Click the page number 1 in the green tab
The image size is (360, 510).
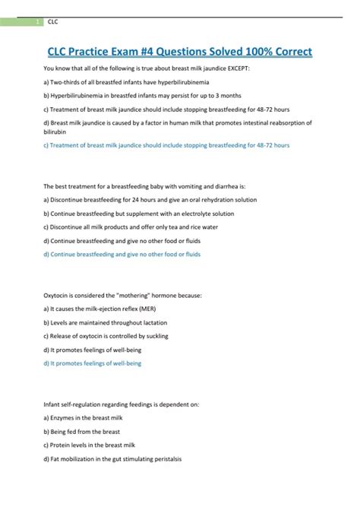(x=38, y=22)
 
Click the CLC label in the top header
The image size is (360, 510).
(x=53, y=22)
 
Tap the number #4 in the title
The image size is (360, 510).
(x=151, y=51)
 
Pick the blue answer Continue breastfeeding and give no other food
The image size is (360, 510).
(x=122, y=255)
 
